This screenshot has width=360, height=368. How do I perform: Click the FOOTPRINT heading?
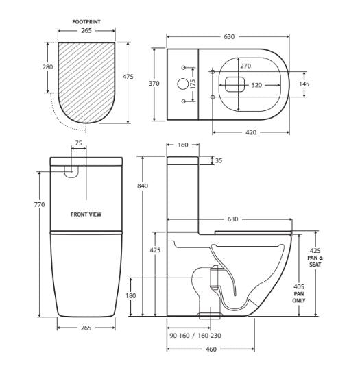[x=86, y=22]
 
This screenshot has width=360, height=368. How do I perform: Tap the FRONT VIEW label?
[x=86, y=214]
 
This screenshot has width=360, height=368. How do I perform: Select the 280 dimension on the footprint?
[x=47, y=67]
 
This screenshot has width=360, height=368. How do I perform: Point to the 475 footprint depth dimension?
[x=128, y=77]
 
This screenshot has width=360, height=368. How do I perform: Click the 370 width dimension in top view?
[x=154, y=84]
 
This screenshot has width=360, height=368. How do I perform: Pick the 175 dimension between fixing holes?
[x=193, y=83]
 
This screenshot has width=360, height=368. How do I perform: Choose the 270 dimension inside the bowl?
[x=245, y=66]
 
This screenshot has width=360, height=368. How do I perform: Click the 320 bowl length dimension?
[x=256, y=86]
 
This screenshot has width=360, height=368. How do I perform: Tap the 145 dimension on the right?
[x=304, y=84]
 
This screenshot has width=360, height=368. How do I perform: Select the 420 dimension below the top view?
[x=251, y=132]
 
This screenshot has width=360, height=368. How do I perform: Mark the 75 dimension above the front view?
[x=78, y=144]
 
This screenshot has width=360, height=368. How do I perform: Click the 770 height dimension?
[x=39, y=205]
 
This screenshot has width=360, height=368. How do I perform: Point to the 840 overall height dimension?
[x=143, y=186]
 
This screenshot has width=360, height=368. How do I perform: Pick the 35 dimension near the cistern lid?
[x=219, y=161]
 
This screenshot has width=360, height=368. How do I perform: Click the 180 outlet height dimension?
[x=130, y=296]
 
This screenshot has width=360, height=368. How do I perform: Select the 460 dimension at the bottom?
[x=211, y=349]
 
